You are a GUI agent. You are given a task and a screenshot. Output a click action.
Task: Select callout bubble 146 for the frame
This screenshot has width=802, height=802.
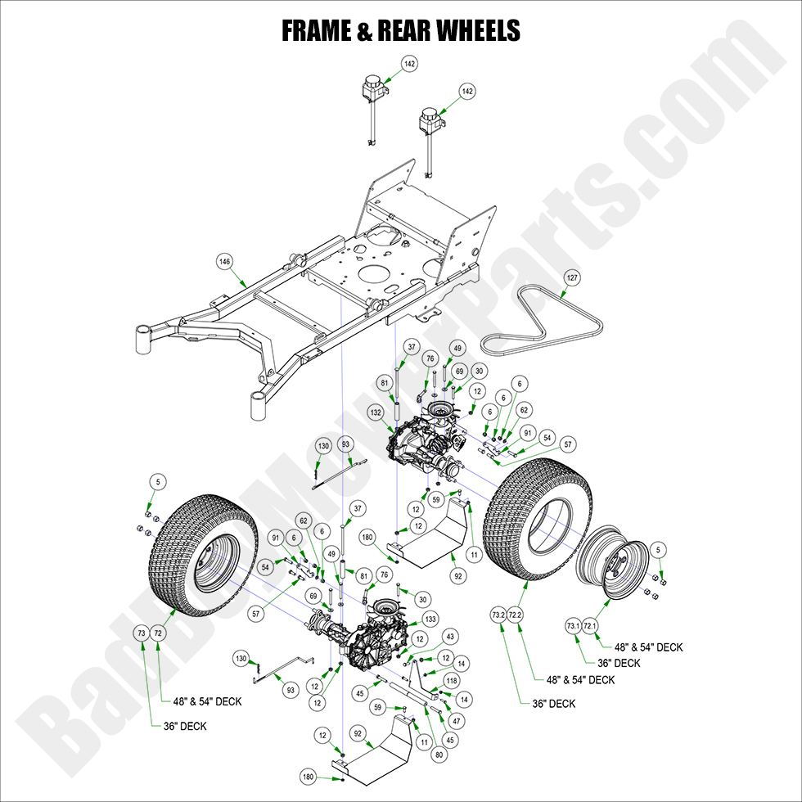pyautogui.click(x=225, y=261)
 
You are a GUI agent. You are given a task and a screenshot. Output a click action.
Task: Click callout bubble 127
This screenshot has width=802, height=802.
pyautogui.click(x=572, y=278)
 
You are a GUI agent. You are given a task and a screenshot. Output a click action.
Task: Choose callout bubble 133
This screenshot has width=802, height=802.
pyautogui.click(x=431, y=620)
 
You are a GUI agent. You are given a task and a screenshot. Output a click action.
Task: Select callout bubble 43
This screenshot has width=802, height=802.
pyautogui.click(x=449, y=637)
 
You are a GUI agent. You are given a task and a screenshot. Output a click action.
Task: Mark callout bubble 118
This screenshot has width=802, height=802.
pyautogui.click(x=452, y=680)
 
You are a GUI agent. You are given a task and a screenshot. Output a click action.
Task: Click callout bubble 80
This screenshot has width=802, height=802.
pyautogui.click(x=440, y=755)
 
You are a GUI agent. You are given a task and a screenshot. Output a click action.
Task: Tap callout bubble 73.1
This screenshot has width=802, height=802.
pyautogui.click(x=573, y=626)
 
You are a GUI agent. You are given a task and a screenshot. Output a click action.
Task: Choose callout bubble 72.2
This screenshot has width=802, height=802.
pyautogui.click(x=515, y=615)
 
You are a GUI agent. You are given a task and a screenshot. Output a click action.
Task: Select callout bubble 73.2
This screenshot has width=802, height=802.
pyautogui.click(x=498, y=615)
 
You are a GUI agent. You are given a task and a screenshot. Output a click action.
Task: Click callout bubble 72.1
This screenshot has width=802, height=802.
pyautogui.click(x=589, y=626)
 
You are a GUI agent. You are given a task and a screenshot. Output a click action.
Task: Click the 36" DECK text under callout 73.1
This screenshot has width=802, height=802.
pyautogui.click(x=618, y=663)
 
